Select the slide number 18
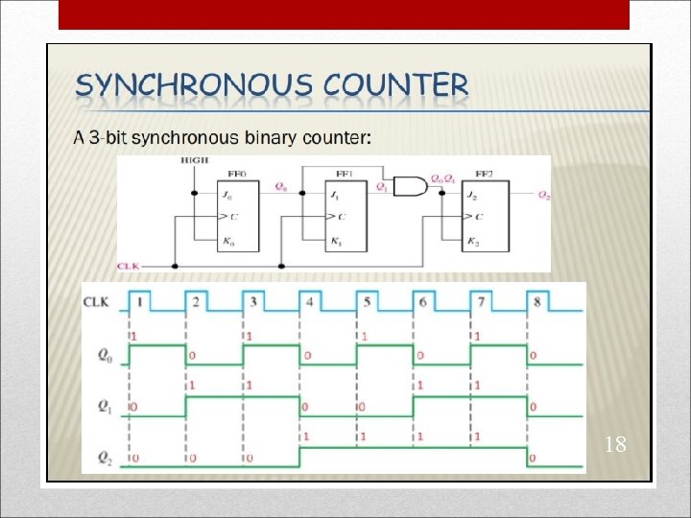point(615,444)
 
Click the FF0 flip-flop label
point(236,175)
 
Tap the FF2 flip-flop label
point(487,175)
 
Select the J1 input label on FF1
point(335,196)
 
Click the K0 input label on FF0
point(227,241)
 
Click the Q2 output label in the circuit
point(544,195)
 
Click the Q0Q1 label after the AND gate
point(442,178)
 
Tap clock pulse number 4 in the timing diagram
point(309,302)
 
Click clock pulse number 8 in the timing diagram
point(536,302)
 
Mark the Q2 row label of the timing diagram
point(104,457)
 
